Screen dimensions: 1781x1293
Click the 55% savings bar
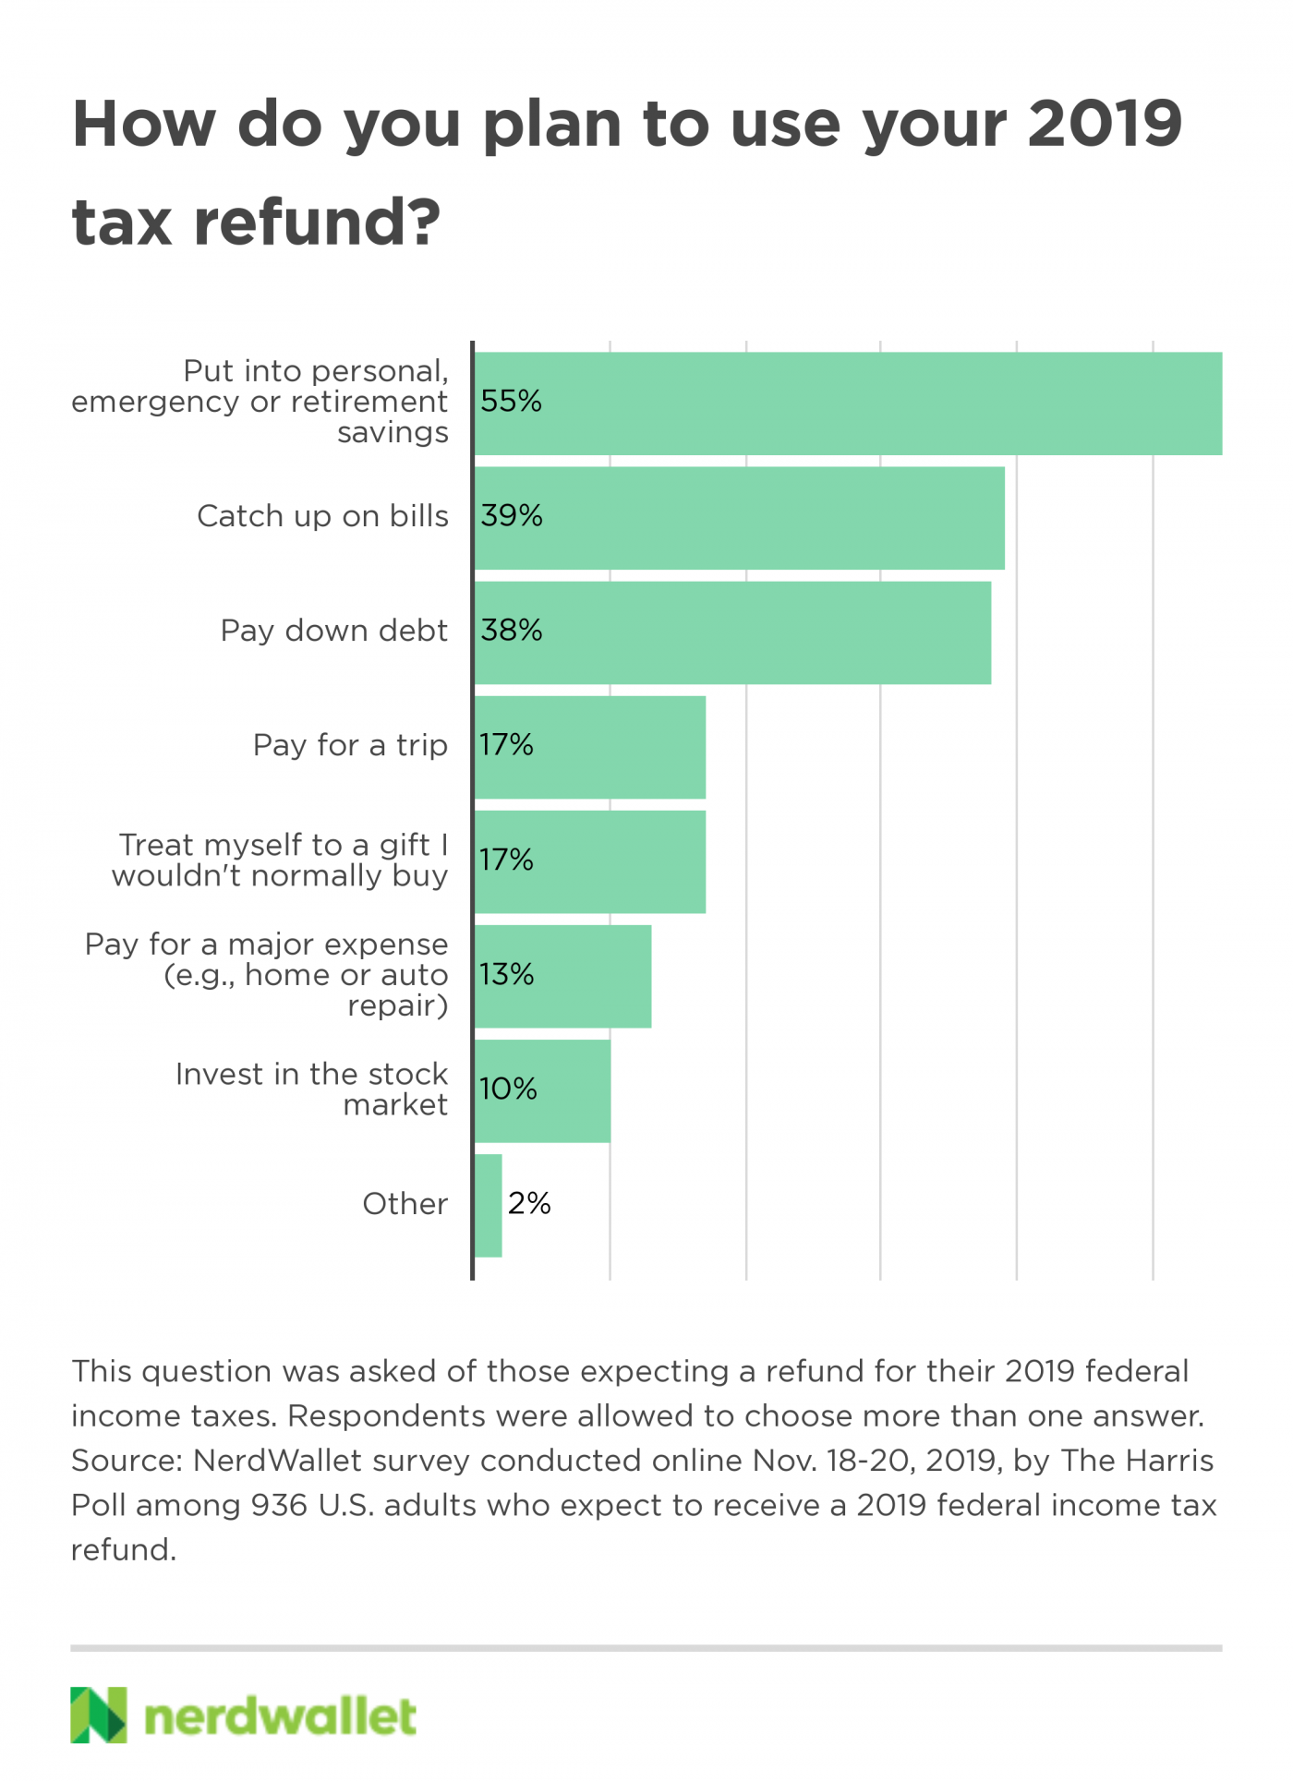848,403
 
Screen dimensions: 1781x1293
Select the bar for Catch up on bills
739,518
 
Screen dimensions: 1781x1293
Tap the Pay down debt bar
732,632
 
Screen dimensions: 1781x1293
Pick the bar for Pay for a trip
590,747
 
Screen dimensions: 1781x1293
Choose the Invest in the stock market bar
542,1090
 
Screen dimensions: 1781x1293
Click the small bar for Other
488,1205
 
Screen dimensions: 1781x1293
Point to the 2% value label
529,1203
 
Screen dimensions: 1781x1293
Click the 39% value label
512,515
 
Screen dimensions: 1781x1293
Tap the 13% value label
507,974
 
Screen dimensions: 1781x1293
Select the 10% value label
508,1089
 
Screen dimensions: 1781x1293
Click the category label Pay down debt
333,631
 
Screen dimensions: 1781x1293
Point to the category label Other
405,1204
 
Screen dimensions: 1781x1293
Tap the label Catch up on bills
322,516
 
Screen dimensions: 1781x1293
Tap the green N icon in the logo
98,1715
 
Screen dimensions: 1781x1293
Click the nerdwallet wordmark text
280,1716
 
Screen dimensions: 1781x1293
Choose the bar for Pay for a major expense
562,976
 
